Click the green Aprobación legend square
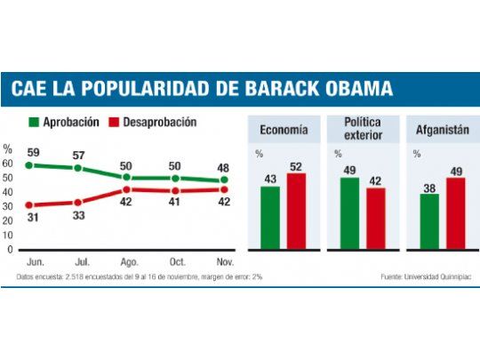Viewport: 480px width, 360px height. (x=35, y=122)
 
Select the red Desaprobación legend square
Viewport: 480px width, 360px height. (x=115, y=122)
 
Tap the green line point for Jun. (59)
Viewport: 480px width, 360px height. (x=29, y=165)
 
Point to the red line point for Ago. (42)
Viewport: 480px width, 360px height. (x=127, y=189)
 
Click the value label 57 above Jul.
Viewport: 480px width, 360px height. (x=78, y=154)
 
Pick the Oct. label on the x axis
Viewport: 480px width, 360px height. (x=176, y=262)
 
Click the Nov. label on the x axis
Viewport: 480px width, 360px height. (x=224, y=262)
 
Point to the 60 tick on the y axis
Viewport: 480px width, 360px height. (x=9, y=164)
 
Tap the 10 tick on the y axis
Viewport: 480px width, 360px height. (x=9, y=236)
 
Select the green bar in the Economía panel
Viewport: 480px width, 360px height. (x=269, y=217)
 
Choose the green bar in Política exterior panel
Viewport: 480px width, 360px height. (x=350, y=212)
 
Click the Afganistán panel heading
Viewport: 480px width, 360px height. (x=436, y=130)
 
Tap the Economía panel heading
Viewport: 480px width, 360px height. (x=284, y=130)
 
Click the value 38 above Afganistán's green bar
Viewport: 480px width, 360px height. (x=429, y=187)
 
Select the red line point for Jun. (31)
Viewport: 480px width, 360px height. (x=29, y=205)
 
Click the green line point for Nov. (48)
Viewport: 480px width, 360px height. (x=224, y=180)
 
